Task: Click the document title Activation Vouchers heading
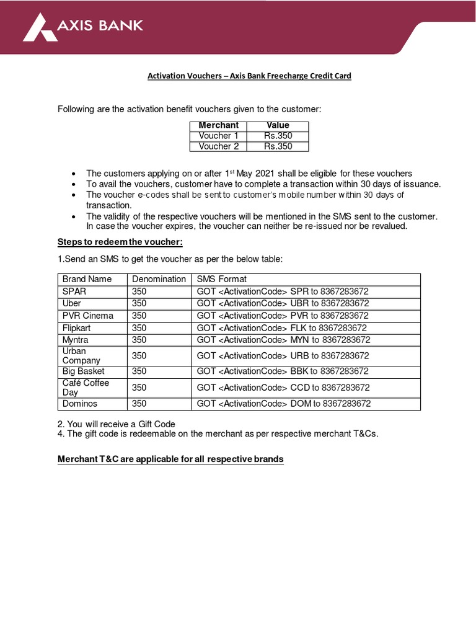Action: point(249,76)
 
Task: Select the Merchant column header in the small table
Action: point(218,125)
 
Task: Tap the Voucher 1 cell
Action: point(218,136)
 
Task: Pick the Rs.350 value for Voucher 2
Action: point(278,146)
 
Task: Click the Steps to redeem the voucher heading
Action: point(120,242)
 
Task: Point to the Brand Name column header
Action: point(87,279)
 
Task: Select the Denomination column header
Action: point(159,279)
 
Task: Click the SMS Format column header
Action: point(221,279)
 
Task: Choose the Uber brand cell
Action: point(72,303)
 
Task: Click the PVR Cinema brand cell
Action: point(88,316)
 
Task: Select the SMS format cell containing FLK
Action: point(281,328)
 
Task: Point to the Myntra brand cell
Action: point(75,340)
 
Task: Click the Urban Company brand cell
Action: point(81,355)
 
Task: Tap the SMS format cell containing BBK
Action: point(283,371)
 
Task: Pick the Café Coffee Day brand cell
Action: point(86,388)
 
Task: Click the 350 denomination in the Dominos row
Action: point(139,403)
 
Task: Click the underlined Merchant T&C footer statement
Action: point(170,460)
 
